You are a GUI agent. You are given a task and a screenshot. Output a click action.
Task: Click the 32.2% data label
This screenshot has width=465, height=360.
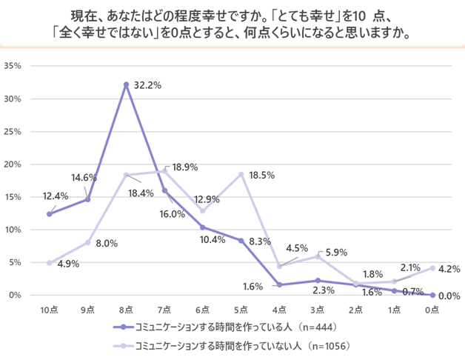tap(147, 86)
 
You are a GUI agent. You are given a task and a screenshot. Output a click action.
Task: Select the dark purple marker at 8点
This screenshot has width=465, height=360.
tap(126, 84)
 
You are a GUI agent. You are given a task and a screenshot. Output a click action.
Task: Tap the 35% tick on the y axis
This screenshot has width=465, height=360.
tap(16, 66)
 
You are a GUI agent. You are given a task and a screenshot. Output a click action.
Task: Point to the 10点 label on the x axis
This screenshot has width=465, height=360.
tap(49, 309)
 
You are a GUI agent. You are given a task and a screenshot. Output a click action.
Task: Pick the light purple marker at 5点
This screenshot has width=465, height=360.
tap(241, 174)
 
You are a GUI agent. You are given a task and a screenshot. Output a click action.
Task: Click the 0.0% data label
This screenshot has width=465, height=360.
tap(449, 296)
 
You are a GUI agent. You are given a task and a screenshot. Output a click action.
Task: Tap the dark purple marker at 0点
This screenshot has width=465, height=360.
tap(432, 295)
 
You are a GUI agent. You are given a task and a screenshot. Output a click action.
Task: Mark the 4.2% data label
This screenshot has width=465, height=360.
tap(450, 269)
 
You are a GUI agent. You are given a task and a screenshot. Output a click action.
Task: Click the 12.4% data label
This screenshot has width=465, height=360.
tap(56, 196)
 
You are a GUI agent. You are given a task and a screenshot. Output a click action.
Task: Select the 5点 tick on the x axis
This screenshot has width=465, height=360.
tap(241, 309)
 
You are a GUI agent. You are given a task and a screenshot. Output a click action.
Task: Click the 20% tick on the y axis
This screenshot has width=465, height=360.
tap(16, 164)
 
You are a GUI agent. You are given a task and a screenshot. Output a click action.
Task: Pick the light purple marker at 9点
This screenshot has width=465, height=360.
tap(87, 242)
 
